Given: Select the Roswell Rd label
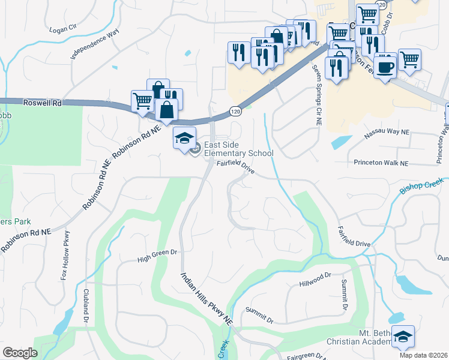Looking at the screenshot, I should [43, 103].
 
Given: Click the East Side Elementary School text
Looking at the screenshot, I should [238, 149].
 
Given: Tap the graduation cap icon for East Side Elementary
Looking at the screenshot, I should [184, 139].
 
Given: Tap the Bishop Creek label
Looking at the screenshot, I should [421, 185].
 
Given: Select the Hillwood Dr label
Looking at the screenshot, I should [315, 279].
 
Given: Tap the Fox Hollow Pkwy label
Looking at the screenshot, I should [64, 256].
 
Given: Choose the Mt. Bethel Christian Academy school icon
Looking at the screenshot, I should [403, 337].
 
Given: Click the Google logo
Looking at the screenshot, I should [20, 353].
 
